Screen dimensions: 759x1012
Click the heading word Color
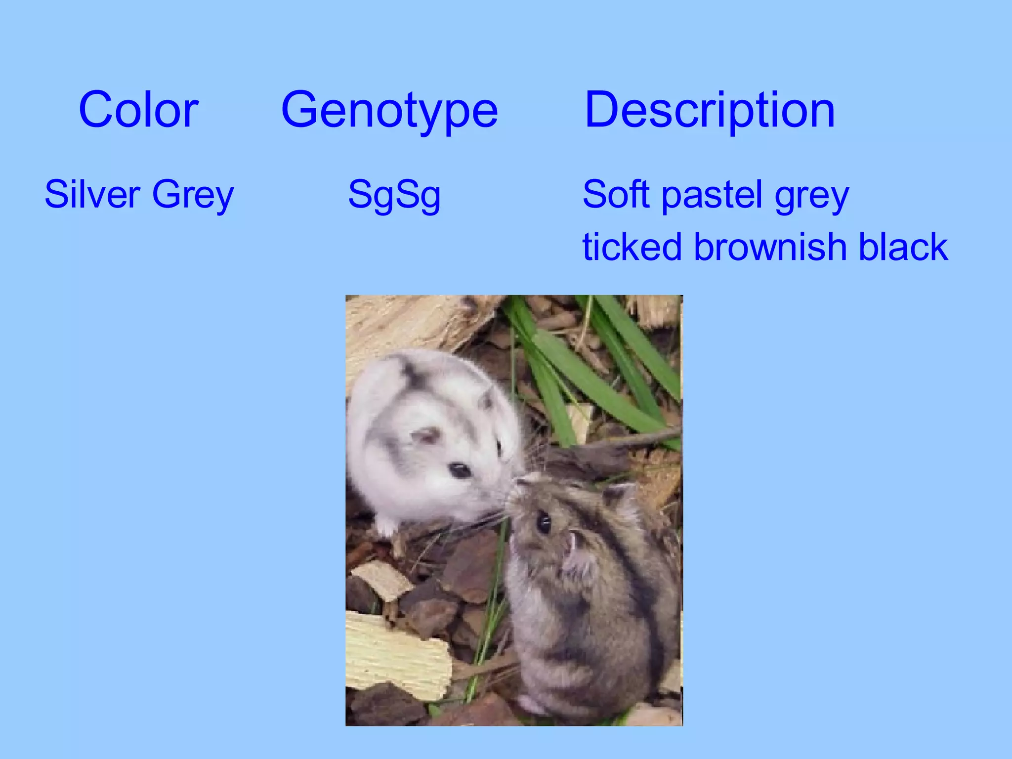click(x=138, y=110)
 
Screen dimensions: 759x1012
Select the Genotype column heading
click(x=389, y=110)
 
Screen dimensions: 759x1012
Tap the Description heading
click(x=710, y=110)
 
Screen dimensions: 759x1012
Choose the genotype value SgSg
click(x=394, y=195)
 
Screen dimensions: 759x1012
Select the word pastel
click(x=712, y=194)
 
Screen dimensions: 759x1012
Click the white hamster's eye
click(x=460, y=469)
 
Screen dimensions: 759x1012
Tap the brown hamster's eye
click(x=544, y=523)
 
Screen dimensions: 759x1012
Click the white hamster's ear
click(x=426, y=435)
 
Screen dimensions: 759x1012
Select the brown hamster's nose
click(x=514, y=489)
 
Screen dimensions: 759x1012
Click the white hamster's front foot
click(x=385, y=528)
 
